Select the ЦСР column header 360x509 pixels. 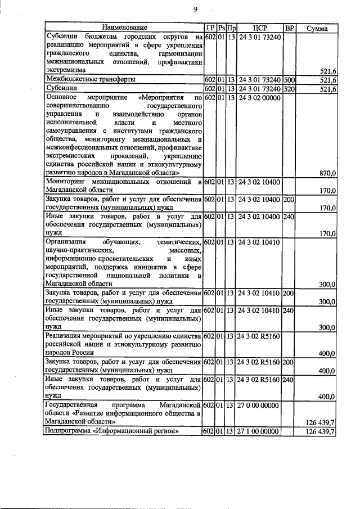[x=259, y=28]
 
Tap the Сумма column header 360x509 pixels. [x=317, y=28]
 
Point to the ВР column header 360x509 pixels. [x=289, y=28]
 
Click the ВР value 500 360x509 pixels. [x=289, y=80]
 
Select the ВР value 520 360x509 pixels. [x=289, y=89]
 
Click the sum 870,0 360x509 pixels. [x=327, y=173]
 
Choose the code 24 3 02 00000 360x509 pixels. [x=259, y=98]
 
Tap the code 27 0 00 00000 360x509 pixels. [x=259, y=405]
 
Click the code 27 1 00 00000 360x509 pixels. [x=259, y=431]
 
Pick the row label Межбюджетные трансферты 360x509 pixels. [x=86, y=80]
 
